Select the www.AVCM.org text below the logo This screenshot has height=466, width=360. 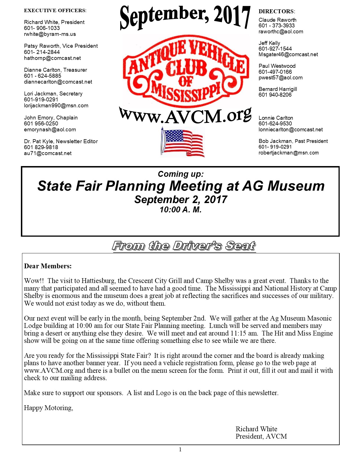click(185, 116)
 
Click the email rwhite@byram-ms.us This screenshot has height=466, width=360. click(50, 34)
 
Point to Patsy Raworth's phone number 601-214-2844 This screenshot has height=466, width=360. click(42, 52)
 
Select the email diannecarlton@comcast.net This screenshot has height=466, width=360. click(58, 82)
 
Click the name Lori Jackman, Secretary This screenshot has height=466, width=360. click(53, 94)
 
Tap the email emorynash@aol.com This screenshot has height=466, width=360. click(50, 130)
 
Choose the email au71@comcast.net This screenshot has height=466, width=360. click(48, 153)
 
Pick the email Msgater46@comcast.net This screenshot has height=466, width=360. click(288, 55)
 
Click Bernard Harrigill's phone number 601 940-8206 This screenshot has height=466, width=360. click(275, 95)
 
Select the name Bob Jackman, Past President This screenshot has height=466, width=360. click(293, 141)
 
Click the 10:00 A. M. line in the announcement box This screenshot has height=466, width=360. click(180, 210)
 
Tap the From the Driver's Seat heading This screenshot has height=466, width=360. click(184, 246)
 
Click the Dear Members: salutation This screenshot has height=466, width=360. click(48, 266)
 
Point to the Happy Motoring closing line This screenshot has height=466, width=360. click(49, 408)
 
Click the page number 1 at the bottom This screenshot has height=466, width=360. click(180, 450)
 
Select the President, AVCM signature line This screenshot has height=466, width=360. click(261, 436)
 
